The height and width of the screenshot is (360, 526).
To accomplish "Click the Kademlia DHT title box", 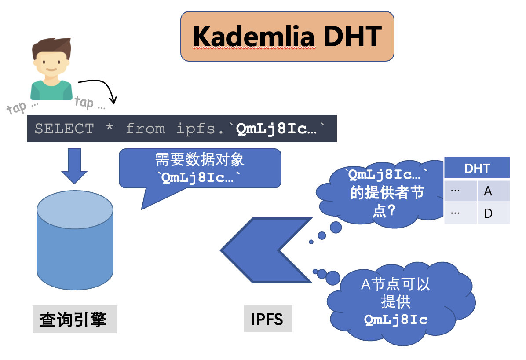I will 287,36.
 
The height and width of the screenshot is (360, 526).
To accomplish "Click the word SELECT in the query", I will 64,129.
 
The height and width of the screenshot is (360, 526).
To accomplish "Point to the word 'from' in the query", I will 146,129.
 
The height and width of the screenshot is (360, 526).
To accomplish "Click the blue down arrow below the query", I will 74,165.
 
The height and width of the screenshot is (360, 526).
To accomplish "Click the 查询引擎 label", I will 73,320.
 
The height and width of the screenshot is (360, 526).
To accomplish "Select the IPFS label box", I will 267,319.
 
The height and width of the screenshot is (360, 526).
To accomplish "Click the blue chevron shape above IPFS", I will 264,250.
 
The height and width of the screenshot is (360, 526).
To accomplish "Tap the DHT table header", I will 477,169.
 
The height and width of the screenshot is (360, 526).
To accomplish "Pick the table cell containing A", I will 493,191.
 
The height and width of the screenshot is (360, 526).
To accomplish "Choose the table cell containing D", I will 493,213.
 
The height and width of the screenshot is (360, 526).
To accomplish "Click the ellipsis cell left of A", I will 460,191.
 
